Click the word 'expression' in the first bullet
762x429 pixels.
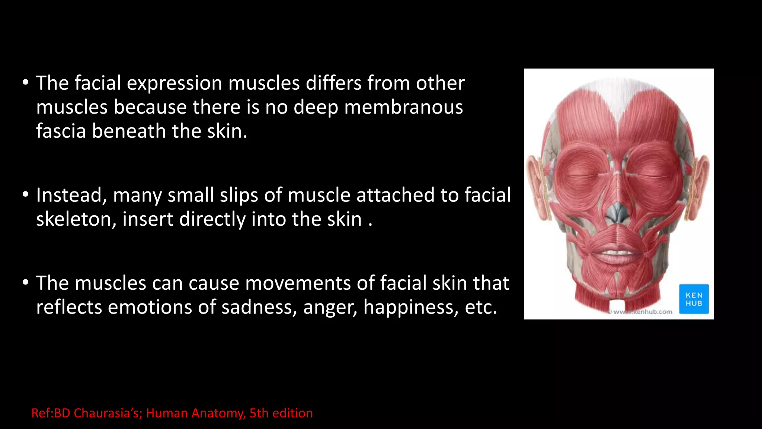click(x=174, y=83)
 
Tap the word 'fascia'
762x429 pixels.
click(x=61, y=131)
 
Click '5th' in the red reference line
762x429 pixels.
click(x=259, y=413)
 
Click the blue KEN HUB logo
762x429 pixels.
click(x=694, y=299)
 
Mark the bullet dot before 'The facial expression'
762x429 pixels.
click(x=25, y=83)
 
